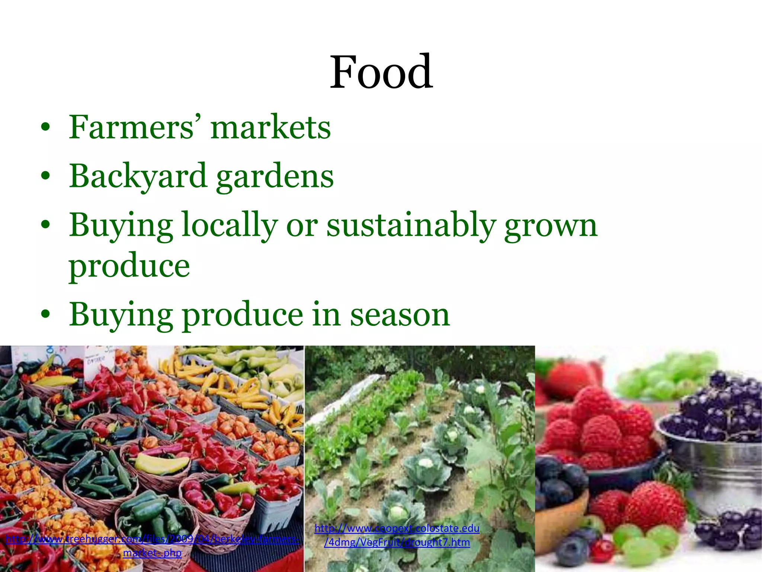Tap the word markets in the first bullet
[270, 127]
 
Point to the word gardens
[275, 176]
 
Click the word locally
[230, 225]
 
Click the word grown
[551, 226]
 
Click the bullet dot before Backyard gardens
[45, 176]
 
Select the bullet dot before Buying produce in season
[45, 314]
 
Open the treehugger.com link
[152, 539]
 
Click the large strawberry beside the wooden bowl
[655, 506]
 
